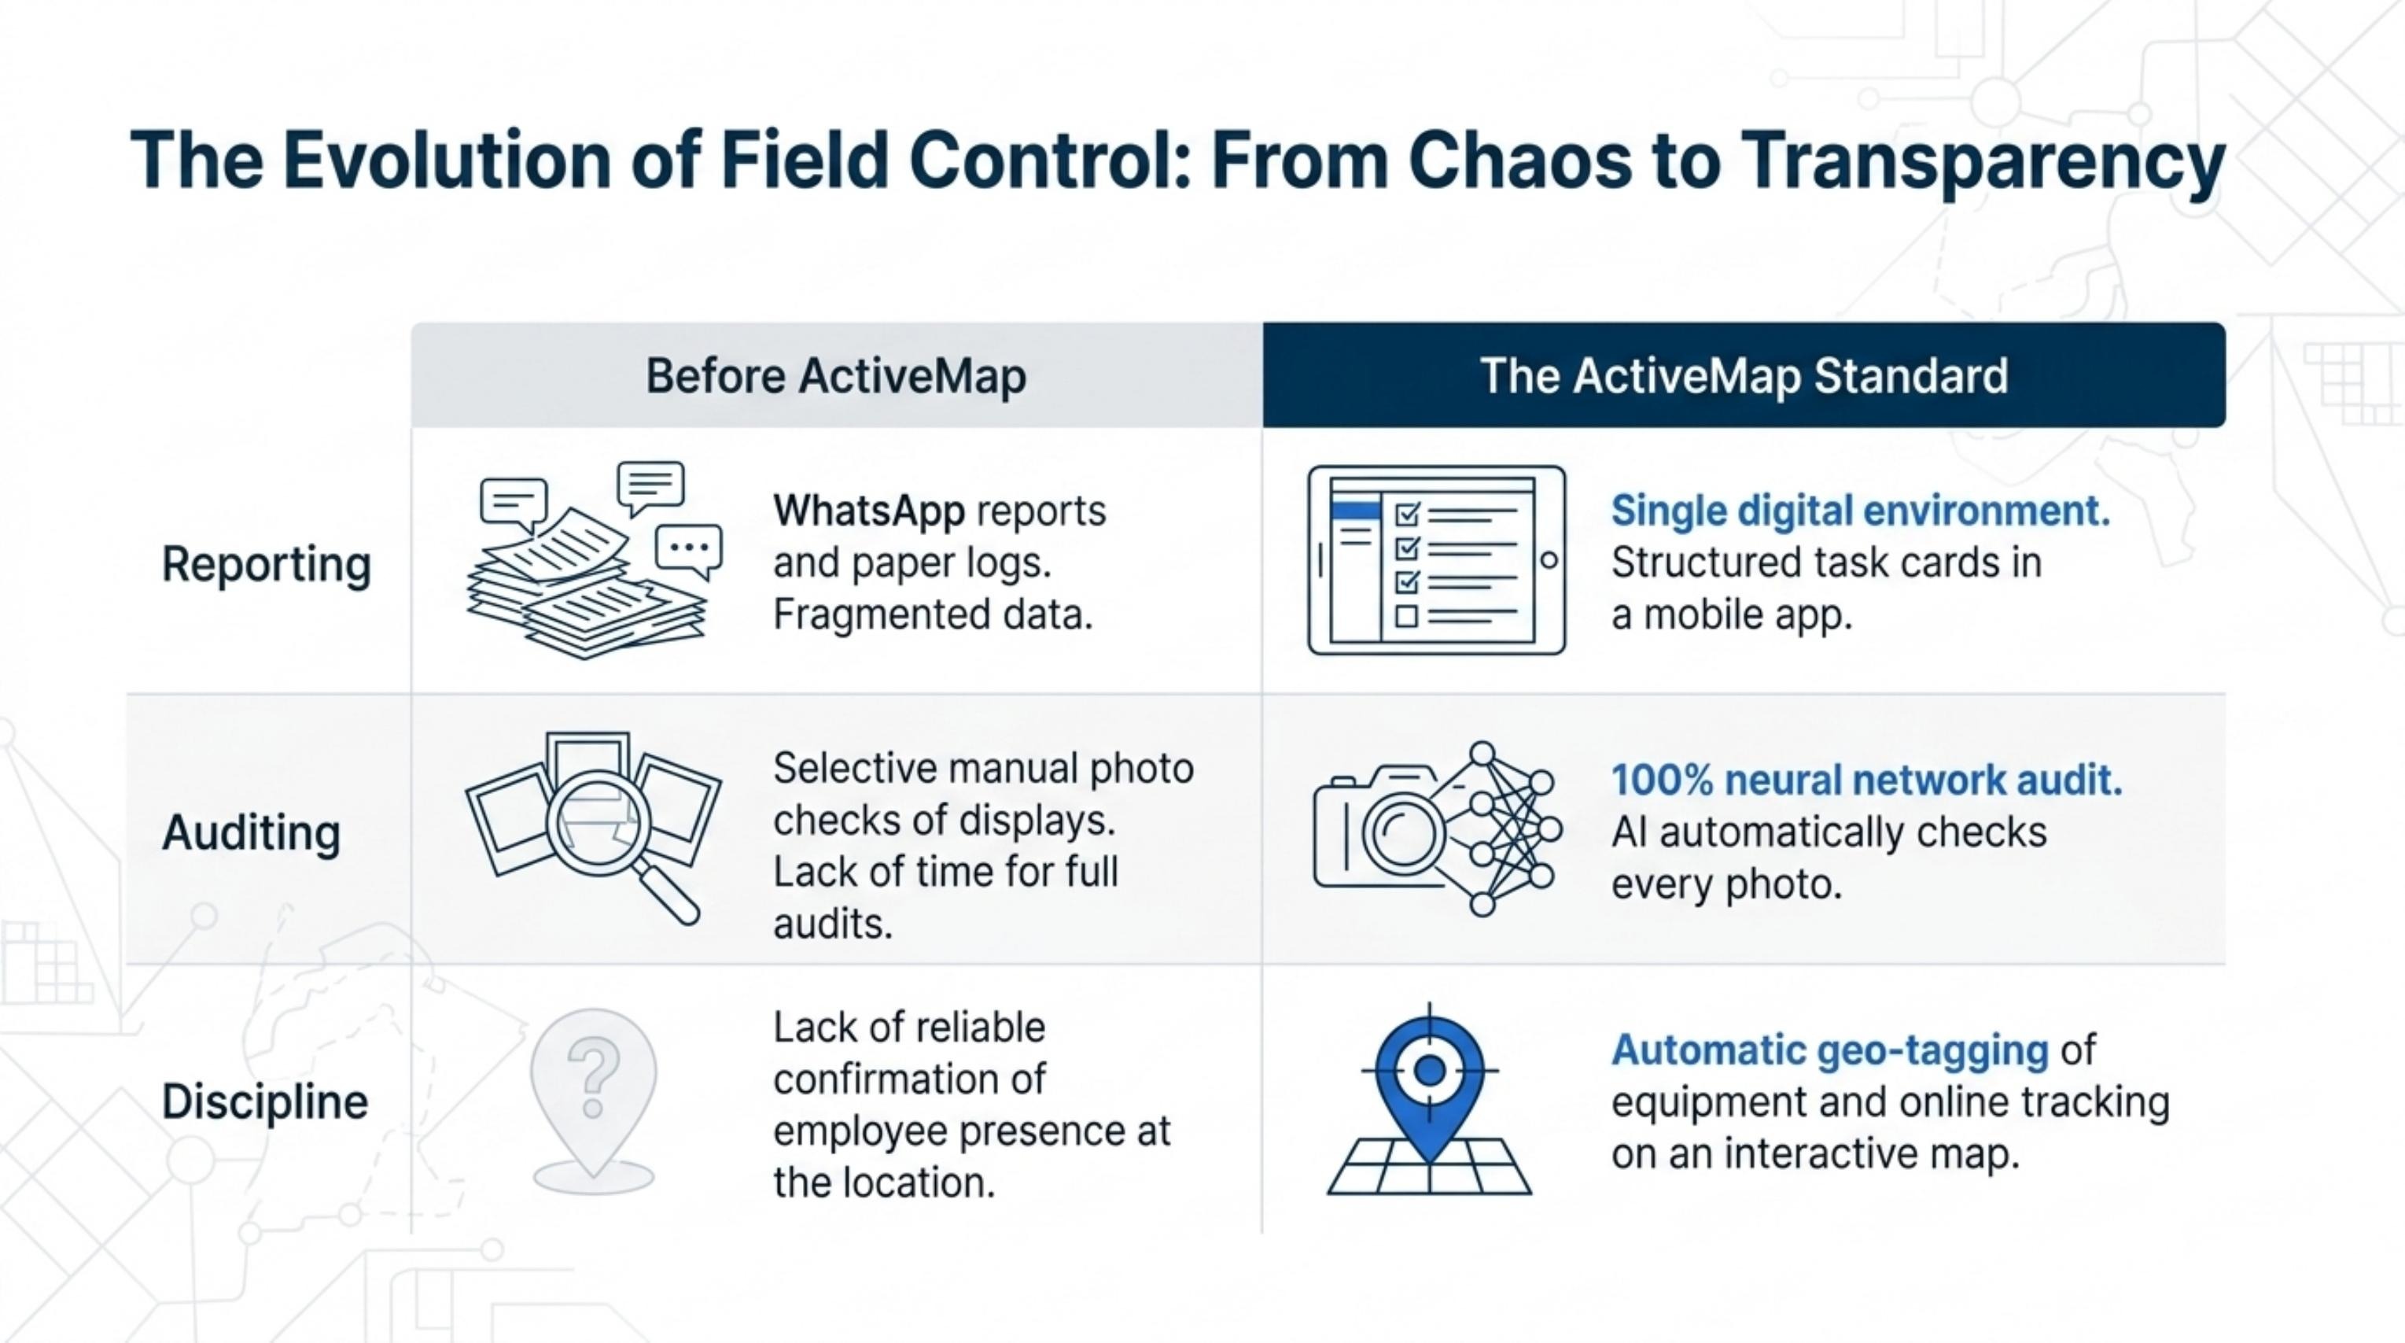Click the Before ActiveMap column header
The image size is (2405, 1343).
(x=837, y=375)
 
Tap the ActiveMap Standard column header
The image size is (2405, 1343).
(x=1744, y=375)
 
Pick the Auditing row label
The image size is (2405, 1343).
(x=251, y=833)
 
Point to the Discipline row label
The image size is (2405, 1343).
(x=265, y=1101)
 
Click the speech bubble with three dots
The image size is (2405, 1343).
(x=689, y=550)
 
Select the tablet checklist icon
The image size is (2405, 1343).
(x=1437, y=560)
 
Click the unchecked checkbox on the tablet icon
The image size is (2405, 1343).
(x=1406, y=616)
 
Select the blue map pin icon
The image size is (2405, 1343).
(x=1429, y=1098)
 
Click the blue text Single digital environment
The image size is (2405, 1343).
(x=1860, y=511)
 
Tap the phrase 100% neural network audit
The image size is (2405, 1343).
(x=1866, y=780)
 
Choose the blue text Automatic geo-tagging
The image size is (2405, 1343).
(x=1830, y=1050)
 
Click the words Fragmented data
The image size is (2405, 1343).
(x=933, y=614)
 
